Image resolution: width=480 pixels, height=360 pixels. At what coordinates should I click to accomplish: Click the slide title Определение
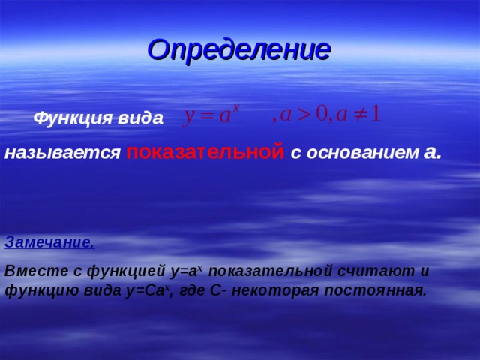(239, 49)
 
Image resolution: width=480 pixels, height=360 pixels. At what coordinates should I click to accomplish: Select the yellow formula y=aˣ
(212, 115)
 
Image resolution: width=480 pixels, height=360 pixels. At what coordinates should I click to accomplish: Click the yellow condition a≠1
(358, 115)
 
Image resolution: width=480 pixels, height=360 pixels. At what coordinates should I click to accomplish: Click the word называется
(62, 153)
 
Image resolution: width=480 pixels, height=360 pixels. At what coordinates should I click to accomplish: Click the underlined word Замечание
(49, 242)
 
